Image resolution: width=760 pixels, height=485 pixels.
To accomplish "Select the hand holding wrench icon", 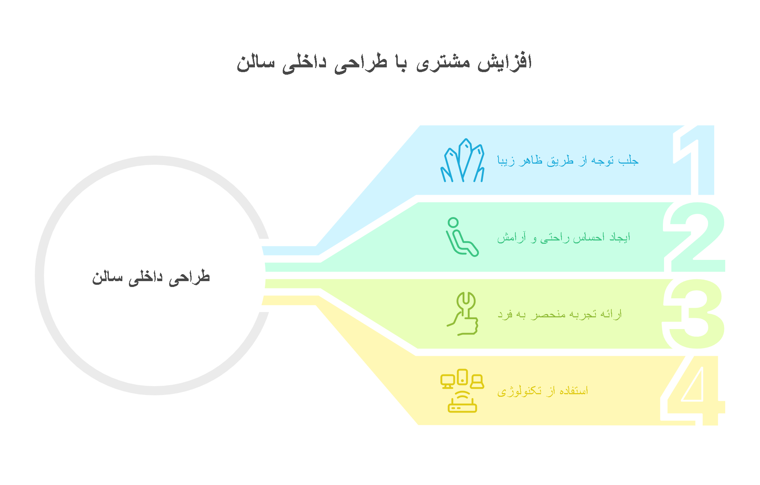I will [463, 314].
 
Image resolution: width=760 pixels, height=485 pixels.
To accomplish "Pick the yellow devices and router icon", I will [462, 391].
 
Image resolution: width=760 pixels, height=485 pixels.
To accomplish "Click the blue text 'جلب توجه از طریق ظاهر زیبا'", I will [568, 160].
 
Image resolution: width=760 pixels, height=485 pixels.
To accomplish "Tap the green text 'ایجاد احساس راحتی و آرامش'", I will [563, 238].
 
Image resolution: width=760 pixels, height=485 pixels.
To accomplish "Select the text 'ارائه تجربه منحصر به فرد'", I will [559, 314].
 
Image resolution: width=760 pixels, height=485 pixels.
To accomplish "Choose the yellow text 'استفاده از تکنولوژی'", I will [542, 391].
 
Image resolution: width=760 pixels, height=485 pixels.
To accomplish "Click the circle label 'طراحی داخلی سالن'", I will [151, 277].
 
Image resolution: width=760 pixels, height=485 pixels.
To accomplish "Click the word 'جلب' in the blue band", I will [629, 160].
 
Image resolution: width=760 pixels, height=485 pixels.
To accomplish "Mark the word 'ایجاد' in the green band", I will [619, 237].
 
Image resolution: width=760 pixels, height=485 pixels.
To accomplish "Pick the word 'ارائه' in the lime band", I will [611, 314].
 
